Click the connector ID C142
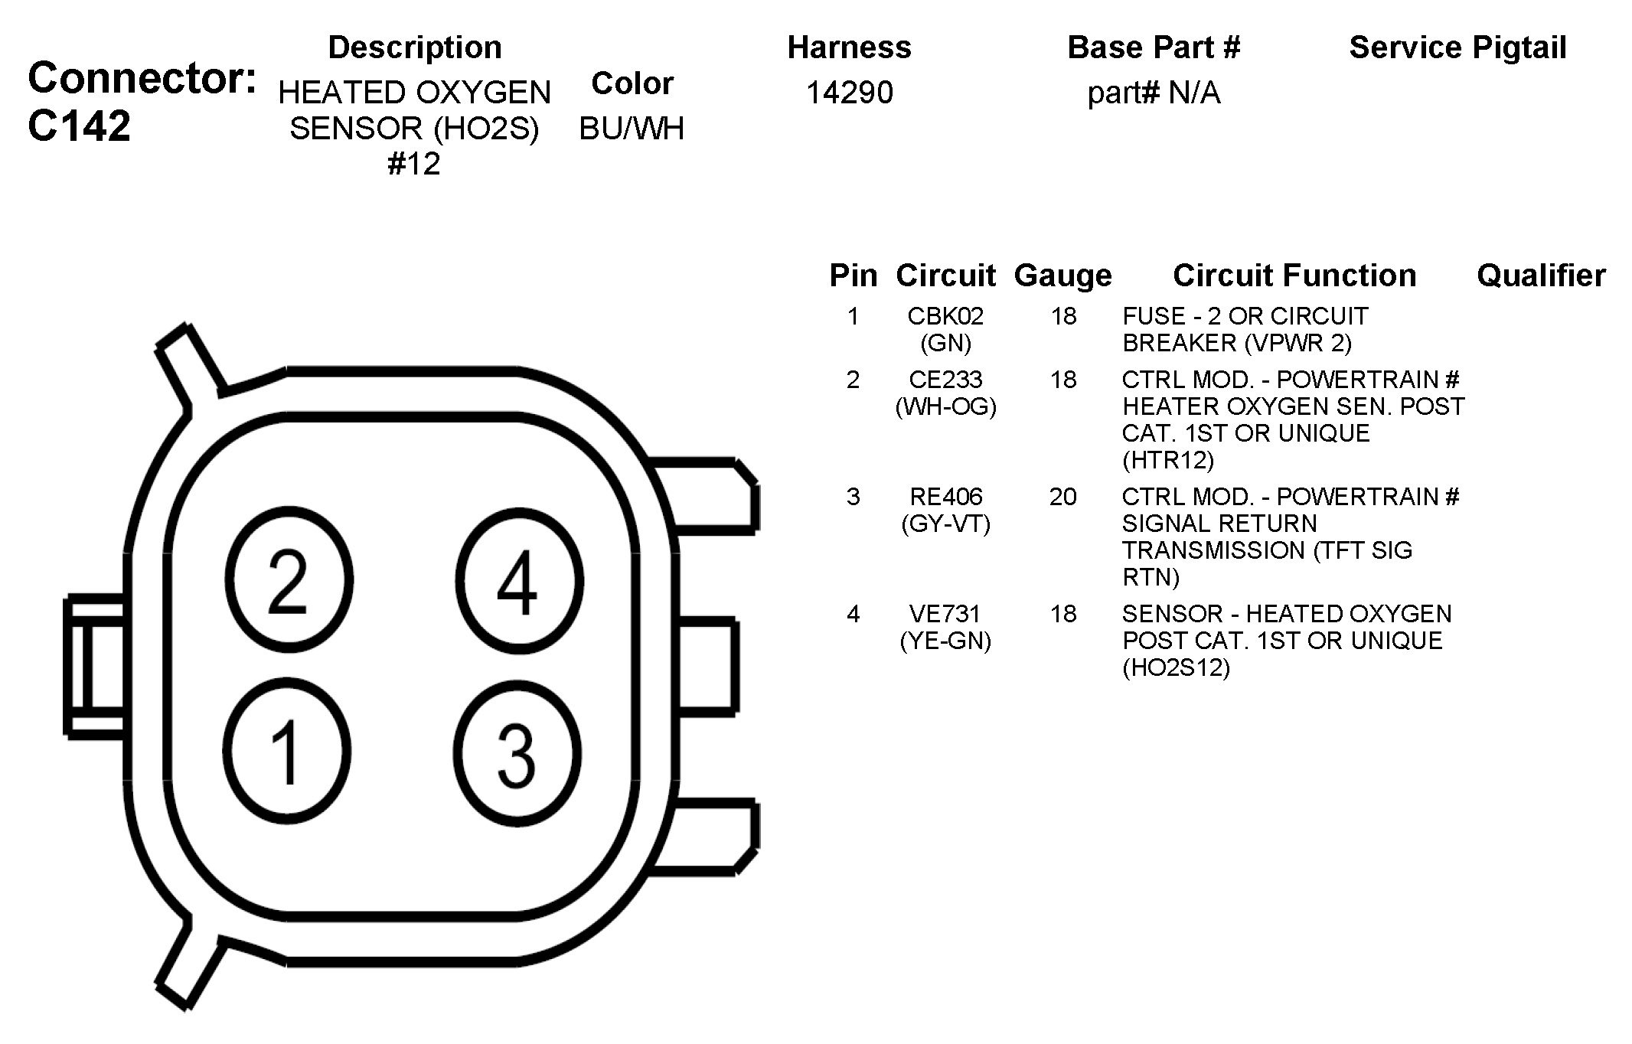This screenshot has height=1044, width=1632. pyautogui.click(x=79, y=126)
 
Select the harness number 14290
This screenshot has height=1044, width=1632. pyautogui.click(x=850, y=93)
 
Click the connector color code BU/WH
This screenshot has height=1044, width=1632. pyautogui.click(x=632, y=129)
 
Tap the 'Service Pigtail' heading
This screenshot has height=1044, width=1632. pyautogui.click(x=1457, y=47)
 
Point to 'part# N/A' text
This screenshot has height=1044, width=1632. pyautogui.click(x=1154, y=93)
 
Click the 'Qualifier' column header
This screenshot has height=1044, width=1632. pyautogui.click(x=1541, y=275)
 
